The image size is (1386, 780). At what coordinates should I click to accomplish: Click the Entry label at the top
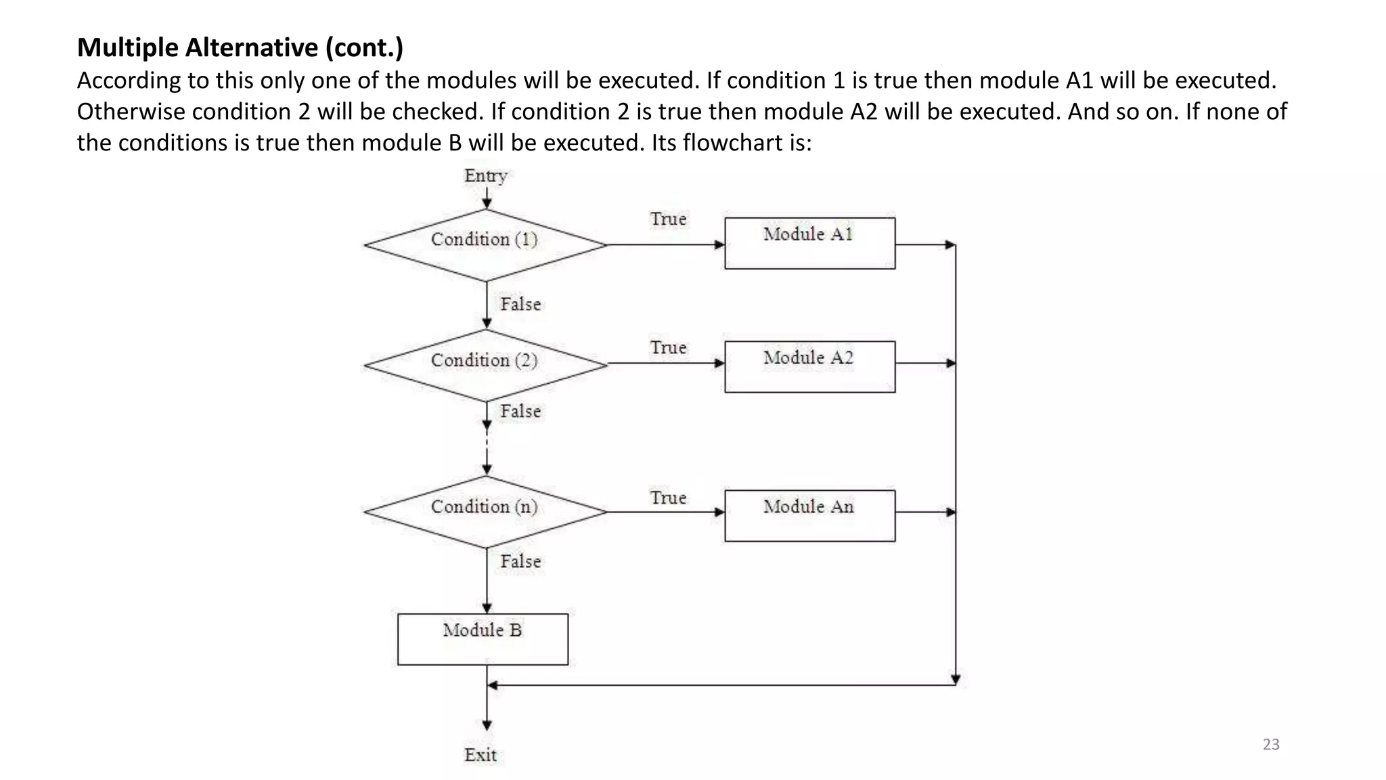(485, 176)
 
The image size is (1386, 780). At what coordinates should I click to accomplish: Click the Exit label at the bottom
(480, 755)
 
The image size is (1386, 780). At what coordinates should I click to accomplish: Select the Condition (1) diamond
(485, 244)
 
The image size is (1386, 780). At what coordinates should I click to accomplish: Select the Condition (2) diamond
(485, 365)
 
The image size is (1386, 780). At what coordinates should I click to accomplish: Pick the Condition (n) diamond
(485, 512)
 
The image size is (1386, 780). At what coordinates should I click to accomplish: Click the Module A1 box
(809, 243)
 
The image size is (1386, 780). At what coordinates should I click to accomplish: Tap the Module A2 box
(809, 366)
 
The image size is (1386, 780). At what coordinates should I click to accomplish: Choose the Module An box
(809, 515)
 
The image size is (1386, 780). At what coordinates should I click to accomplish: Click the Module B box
(483, 638)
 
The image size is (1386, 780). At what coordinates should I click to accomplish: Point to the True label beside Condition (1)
(668, 219)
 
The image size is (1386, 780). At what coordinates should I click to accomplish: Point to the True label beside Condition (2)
(668, 348)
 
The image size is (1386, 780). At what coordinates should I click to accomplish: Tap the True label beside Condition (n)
(668, 498)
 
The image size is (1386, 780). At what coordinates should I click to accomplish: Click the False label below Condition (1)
(520, 304)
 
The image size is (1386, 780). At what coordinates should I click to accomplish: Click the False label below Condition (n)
(520, 561)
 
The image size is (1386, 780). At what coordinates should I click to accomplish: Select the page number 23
(1271, 744)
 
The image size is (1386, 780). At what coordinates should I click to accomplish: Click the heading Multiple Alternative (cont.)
(240, 47)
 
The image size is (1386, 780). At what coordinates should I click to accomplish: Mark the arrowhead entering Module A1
(719, 244)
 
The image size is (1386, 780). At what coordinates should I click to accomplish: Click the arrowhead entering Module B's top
(487, 608)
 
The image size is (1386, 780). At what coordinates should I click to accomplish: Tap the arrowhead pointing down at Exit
(487, 725)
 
